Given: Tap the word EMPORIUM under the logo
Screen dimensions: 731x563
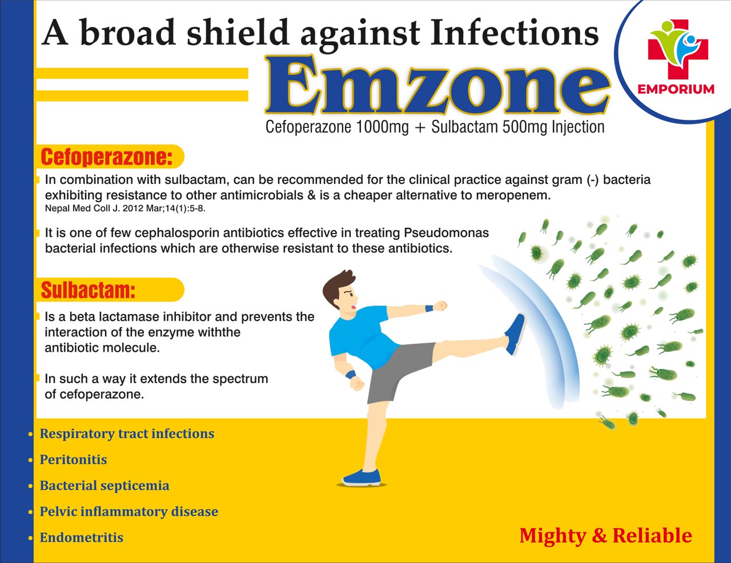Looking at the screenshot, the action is point(676,89).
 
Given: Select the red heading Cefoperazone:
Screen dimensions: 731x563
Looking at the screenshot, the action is point(107,156).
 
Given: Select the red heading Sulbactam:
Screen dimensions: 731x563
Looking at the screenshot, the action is point(88,290).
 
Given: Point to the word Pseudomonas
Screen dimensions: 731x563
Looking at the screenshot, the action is point(446,233).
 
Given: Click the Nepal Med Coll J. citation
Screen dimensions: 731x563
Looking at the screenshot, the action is point(125,208).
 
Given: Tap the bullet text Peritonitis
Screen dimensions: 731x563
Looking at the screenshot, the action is point(73,460).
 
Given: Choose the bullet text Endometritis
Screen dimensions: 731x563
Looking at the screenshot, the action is point(82,537).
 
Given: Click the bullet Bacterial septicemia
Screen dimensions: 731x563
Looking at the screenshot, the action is point(105,486).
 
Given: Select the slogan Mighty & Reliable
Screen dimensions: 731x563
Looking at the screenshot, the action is point(605,536).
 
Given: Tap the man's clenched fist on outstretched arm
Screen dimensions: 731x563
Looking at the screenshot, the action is point(440,306).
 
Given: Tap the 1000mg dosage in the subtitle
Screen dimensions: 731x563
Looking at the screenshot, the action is point(382,127).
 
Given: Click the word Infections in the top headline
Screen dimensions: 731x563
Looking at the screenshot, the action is point(515,33).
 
